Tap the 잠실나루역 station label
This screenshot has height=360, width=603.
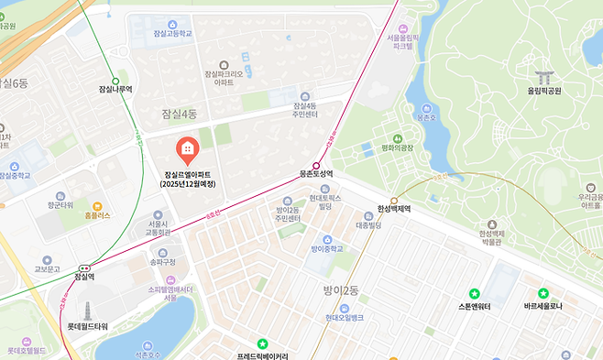[x=115, y=90]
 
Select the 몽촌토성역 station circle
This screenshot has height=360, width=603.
[x=316, y=165]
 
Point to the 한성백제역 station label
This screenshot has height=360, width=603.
[x=394, y=209]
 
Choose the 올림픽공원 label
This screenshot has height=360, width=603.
[x=543, y=91]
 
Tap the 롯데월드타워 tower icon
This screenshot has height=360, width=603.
[x=88, y=311]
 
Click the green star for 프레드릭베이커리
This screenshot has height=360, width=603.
[x=262, y=344]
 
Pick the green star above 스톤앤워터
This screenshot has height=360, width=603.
[x=474, y=293]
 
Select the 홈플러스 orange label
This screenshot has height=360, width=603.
[x=97, y=215]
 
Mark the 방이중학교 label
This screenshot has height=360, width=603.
[x=325, y=248]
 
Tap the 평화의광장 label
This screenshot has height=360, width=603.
[x=398, y=147]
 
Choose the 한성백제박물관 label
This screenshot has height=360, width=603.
[x=492, y=237]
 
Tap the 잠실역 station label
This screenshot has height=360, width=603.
[x=84, y=276]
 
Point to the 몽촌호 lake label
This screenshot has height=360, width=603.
[x=425, y=117]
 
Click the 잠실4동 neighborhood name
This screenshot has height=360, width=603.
[x=179, y=114]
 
